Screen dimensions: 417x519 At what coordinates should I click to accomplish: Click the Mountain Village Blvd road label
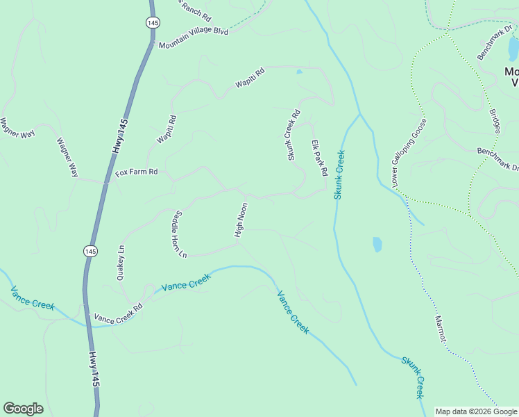(x=193, y=39)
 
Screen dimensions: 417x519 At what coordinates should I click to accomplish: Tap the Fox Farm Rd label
(x=137, y=172)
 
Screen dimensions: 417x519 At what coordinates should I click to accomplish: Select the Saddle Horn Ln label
(x=178, y=234)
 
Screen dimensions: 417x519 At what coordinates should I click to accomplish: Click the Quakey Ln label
(x=122, y=263)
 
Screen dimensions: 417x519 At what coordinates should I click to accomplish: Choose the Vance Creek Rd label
(x=118, y=312)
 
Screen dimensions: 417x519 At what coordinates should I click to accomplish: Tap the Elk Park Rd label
(x=319, y=158)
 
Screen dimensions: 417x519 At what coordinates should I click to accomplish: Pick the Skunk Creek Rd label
(x=294, y=135)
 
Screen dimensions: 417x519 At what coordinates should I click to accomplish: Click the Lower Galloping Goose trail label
(x=409, y=154)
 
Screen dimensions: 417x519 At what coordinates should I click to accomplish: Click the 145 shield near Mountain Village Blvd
(x=151, y=23)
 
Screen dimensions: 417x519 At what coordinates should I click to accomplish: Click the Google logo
(x=23, y=409)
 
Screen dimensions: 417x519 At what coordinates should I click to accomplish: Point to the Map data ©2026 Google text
(x=476, y=411)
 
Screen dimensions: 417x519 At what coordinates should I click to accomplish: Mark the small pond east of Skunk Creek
(x=377, y=244)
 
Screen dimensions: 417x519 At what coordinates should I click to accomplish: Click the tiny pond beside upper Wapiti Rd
(x=299, y=71)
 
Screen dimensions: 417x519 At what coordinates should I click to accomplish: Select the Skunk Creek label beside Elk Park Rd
(x=339, y=174)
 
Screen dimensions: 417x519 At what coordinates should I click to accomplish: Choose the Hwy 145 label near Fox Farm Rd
(x=120, y=137)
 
